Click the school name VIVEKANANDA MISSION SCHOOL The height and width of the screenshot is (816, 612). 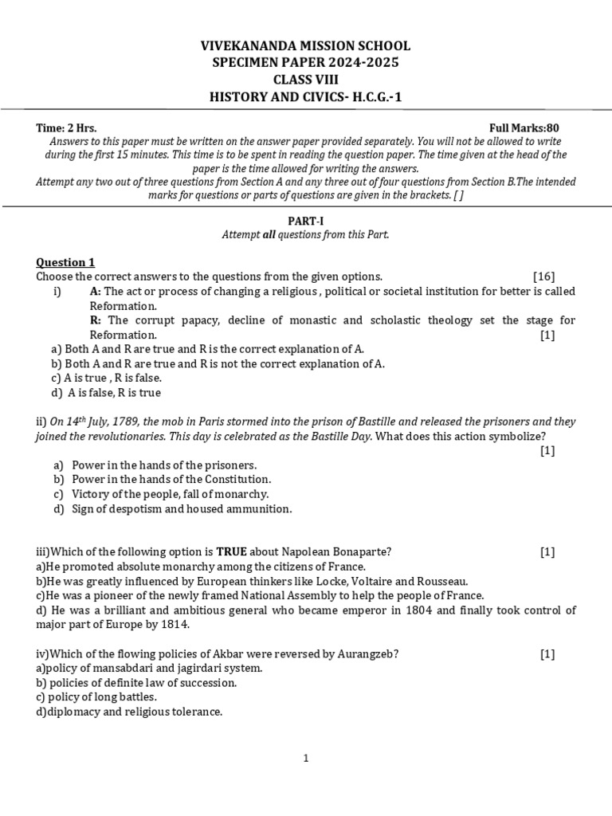pyautogui.click(x=305, y=47)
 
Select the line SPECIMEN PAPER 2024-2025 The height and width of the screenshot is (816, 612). pyautogui.click(x=305, y=64)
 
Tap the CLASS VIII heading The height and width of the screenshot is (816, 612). pyautogui.click(x=305, y=80)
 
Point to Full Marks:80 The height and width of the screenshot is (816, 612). pyautogui.click(x=529, y=127)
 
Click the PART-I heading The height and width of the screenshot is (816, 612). pyautogui.click(x=305, y=221)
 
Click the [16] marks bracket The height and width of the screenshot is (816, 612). pyautogui.click(x=544, y=277)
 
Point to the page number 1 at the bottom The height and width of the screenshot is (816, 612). pyautogui.click(x=305, y=759)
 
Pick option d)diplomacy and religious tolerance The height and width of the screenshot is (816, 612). pyautogui.click(x=128, y=712)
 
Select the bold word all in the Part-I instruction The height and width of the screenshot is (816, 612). pyautogui.click(x=269, y=235)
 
